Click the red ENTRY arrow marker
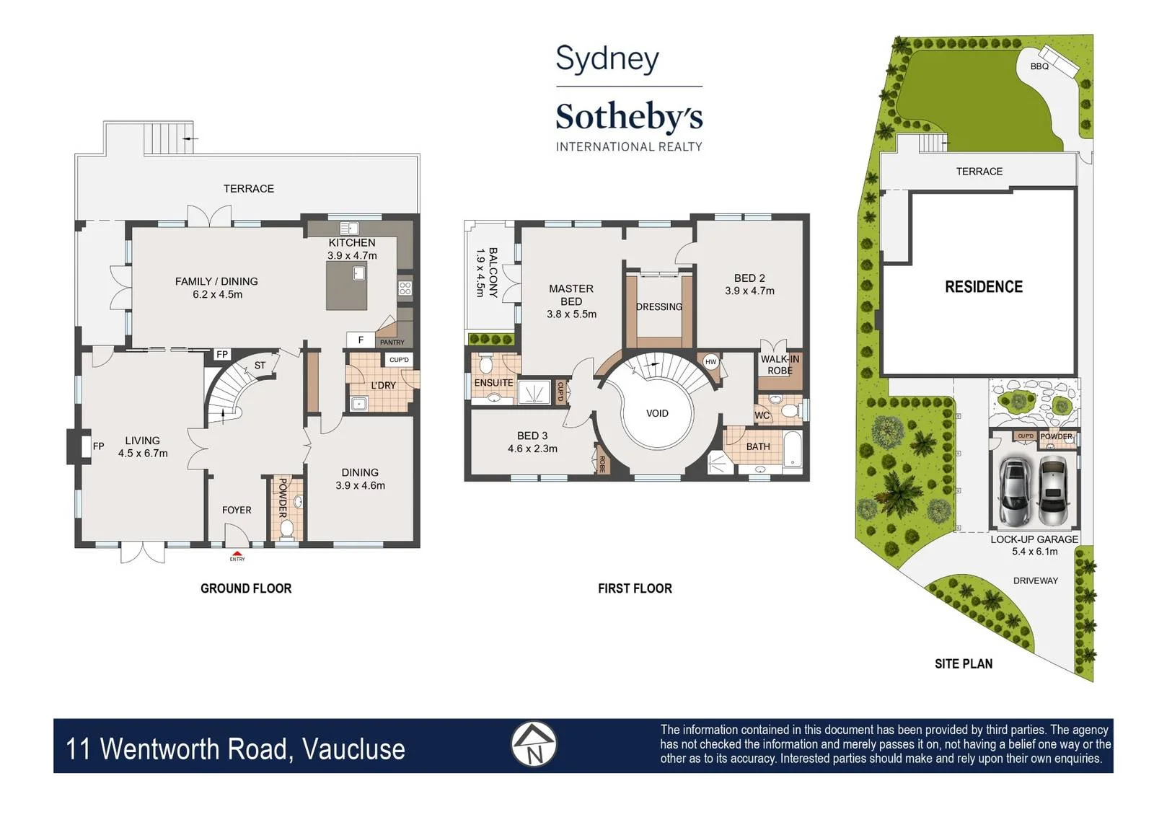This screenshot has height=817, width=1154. [237, 553]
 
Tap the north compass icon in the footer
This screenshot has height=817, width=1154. [534, 744]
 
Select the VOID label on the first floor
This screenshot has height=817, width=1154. [657, 413]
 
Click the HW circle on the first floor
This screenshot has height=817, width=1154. [711, 361]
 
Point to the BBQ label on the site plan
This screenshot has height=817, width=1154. [1039, 66]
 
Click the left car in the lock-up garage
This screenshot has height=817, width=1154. [1014, 492]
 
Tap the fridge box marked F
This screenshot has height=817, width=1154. [361, 340]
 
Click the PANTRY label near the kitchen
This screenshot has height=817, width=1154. [392, 342]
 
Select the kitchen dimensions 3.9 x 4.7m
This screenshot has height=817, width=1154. [353, 255]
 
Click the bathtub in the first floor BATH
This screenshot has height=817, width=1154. [793, 449]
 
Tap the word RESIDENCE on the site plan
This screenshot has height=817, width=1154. [984, 286]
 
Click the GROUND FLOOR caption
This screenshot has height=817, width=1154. [246, 588]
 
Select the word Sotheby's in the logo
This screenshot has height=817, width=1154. [629, 117]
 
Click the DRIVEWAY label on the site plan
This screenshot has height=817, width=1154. [1036, 580]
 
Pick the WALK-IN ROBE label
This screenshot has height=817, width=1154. [780, 365]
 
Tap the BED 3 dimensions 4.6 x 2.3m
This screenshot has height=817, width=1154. [533, 449]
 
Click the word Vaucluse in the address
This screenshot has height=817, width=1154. [353, 749]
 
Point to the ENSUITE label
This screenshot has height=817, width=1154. [493, 383]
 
